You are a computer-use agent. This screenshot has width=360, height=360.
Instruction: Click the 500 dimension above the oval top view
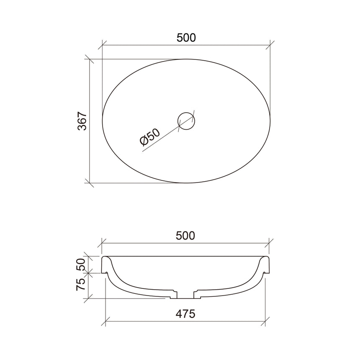[x=186, y=38]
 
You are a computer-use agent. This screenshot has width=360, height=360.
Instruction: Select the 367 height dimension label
[x=82, y=121]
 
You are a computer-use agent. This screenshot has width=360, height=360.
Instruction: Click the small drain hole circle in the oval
[x=187, y=121]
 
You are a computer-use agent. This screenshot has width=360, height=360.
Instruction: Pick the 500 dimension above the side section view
[x=185, y=236]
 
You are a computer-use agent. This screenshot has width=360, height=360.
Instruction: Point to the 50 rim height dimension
[x=81, y=264]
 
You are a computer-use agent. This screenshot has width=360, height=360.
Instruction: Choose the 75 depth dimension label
[x=81, y=284]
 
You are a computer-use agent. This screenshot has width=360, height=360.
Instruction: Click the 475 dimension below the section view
[x=185, y=314]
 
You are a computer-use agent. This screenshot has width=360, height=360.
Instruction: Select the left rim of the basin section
[x=105, y=264]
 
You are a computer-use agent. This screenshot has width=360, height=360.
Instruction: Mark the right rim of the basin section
[x=266, y=264]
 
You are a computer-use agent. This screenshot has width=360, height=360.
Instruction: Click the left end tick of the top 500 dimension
[x=103, y=45]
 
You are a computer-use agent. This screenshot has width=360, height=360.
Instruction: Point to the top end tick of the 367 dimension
[x=90, y=59]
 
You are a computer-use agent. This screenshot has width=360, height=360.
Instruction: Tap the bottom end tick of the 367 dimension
[x=90, y=183]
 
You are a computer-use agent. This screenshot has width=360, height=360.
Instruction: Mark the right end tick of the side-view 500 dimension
[x=270, y=243]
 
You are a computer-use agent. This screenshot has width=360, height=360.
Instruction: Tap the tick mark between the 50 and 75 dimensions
[x=89, y=273]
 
